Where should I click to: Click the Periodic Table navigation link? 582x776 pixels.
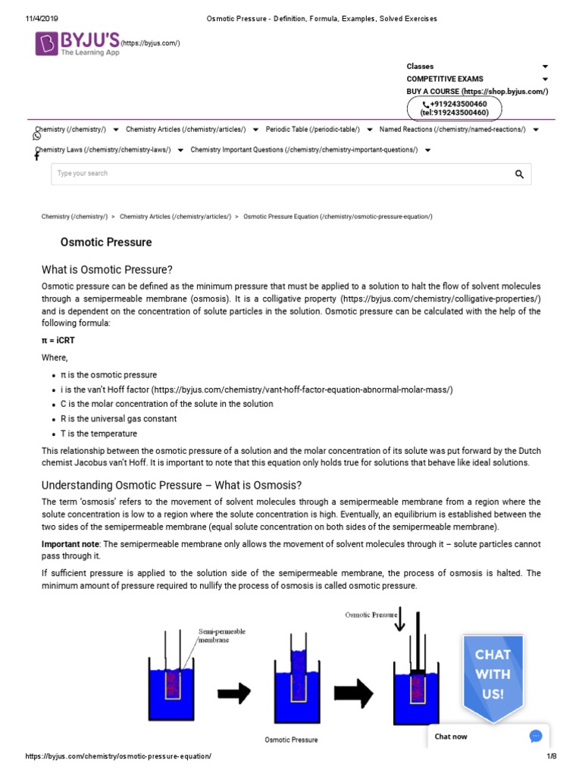coord(312,130)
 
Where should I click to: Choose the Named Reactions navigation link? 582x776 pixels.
coord(452,130)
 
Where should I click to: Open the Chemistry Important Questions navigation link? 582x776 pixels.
coord(304,150)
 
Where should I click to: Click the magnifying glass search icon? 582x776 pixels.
coord(519,174)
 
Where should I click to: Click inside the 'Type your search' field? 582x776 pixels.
coord(273,174)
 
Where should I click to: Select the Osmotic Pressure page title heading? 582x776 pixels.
coord(106,242)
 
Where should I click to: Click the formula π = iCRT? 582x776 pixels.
coord(58,340)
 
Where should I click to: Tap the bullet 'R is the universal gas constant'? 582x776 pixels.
coord(119,419)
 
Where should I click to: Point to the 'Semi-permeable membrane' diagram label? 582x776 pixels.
coord(221,635)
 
